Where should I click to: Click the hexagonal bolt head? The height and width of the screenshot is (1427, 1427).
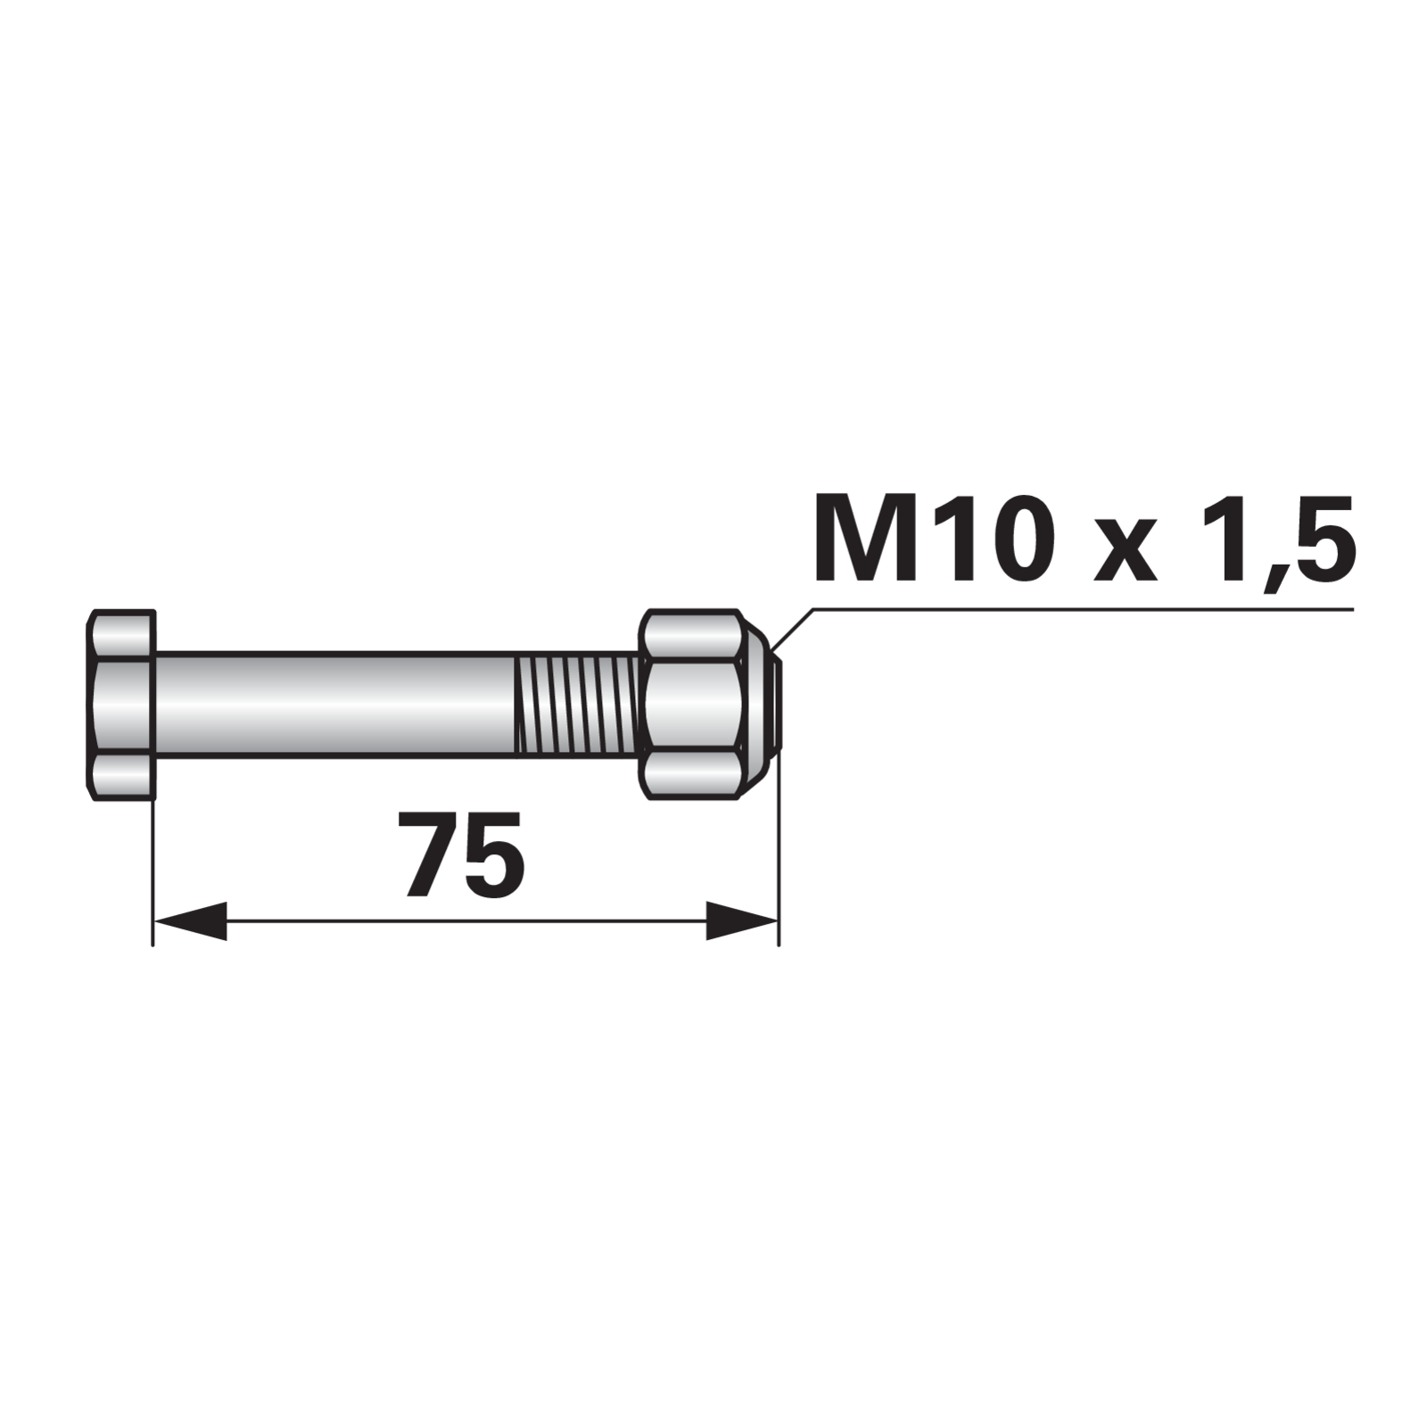(121, 704)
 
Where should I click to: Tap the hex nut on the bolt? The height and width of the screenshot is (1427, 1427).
(692, 704)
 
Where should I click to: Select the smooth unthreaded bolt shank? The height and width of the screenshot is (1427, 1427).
(335, 704)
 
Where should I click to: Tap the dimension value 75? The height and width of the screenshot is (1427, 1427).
(463, 854)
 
